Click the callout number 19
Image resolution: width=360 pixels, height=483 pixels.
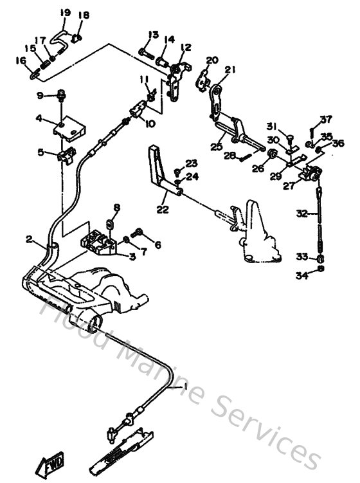(x=65, y=12)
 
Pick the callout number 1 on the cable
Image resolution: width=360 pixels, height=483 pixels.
(x=187, y=387)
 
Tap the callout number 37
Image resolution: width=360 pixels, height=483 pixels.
(x=327, y=119)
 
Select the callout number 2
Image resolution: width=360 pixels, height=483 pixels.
(x=29, y=239)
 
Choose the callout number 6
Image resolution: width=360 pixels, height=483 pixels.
(x=157, y=244)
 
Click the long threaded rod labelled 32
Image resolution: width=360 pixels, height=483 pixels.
(x=319, y=215)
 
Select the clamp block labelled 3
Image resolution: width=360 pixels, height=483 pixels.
(x=95, y=242)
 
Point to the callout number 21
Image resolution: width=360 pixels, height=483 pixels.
(x=231, y=70)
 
